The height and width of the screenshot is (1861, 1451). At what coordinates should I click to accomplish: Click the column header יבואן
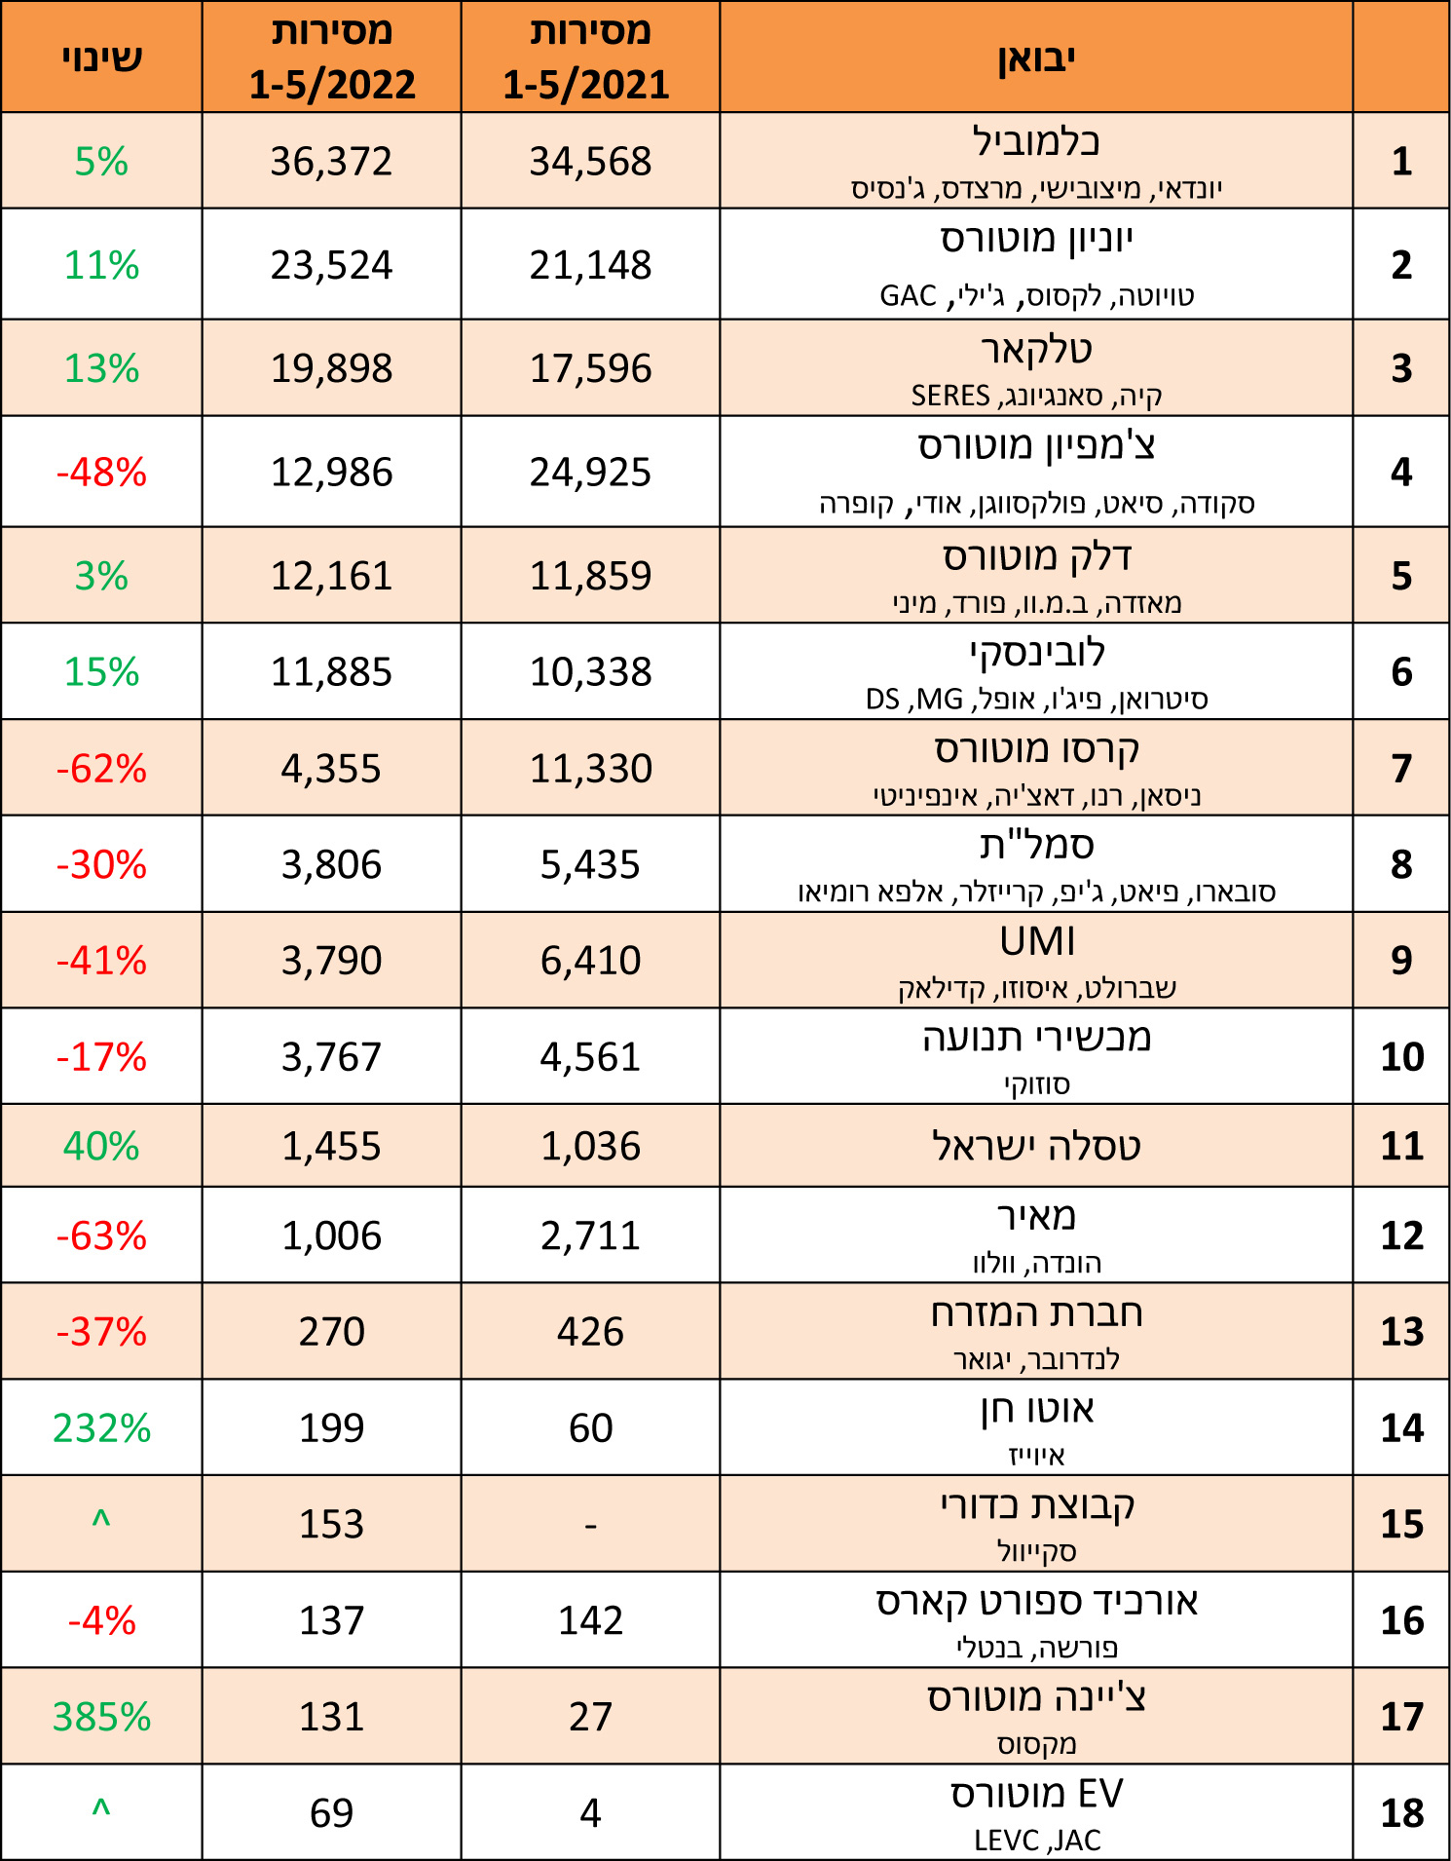point(1036,57)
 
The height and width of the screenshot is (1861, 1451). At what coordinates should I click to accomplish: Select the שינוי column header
point(101,57)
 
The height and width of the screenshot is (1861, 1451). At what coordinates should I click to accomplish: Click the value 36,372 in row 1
point(331,162)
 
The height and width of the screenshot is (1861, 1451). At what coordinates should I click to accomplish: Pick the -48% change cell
point(101,473)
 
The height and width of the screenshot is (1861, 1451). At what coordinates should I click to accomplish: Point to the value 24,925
point(590,473)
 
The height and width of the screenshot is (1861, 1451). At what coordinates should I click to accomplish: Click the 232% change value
point(101,1428)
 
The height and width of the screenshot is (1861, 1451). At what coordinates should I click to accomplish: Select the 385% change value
point(101,1717)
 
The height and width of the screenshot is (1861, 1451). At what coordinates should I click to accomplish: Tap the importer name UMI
point(1037,942)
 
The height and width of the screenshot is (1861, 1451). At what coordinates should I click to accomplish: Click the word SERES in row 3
point(950,397)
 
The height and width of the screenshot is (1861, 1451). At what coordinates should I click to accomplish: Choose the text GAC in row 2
point(908,296)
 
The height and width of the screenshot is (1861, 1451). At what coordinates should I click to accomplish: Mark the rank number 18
point(1401,1813)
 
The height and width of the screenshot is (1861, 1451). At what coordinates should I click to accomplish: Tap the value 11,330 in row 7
point(590,769)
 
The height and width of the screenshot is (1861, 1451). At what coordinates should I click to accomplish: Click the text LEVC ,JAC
point(1037,1841)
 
